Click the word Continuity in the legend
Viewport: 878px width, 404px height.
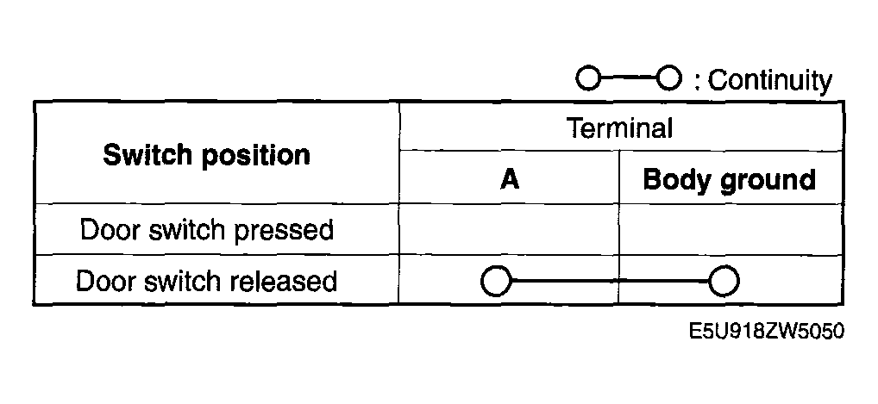pyautogui.click(x=770, y=81)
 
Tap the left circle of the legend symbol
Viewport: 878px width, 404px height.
pyautogui.click(x=588, y=78)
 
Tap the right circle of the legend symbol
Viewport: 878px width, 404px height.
pyautogui.click(x=669, y=78)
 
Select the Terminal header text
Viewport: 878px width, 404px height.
pyautogui.click(x=620, y=128)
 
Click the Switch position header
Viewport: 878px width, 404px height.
pyautogui.click(x=207, y=154)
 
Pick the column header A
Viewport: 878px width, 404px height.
pyautogui.click(x=510, y=180)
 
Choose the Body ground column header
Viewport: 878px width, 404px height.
pyautogui.click(x=729, y=181)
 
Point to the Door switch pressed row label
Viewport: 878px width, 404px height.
pyautogui.click(x=207, y=230)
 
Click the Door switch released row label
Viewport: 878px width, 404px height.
pyautogui.click(x=207, y=281)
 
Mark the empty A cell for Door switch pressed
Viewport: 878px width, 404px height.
pyautogui.click(x=509, y=229)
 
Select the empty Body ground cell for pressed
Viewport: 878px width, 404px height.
pyautogui.click(x=731, y=229)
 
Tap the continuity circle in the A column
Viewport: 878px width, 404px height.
pyautogui.click(x=496, y=281)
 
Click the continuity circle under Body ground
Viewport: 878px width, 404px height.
pyautogui.click(x=724, y=281)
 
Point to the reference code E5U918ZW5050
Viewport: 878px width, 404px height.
pyautogui.click(x=766, y=332)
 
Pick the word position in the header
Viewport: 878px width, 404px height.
pyautogui.click(x=256, y=156)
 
